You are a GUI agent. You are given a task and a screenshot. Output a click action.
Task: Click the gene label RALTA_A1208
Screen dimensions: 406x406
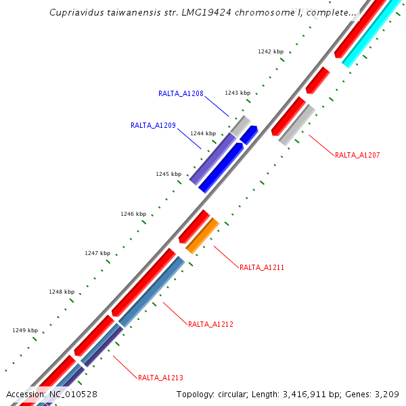(x=181, y=93)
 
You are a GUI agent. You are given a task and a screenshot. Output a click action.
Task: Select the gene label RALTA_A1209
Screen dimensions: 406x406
(x=153, y=125)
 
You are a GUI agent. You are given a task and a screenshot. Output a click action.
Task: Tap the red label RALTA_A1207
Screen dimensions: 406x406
(x=357, y=155)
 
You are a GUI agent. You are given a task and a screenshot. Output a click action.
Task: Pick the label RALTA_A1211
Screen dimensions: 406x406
(x=262, y=267)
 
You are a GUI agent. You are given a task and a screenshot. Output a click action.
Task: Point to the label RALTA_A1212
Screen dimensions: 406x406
(x=210, y=325)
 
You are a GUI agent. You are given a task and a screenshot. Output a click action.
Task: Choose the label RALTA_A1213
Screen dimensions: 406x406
(x=160, y=378)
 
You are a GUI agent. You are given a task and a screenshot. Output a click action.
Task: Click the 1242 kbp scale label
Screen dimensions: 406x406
(x=271, y=51)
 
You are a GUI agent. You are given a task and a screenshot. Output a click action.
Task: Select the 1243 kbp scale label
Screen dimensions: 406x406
(x=238, y=93)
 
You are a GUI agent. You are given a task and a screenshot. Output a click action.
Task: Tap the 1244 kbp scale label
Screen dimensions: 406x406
(x=203, y=133)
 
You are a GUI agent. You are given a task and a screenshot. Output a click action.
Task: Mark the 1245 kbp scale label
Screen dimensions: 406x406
(x=168, y=174)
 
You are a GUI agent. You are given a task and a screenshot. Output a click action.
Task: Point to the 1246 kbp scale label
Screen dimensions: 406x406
(x=133, y=214)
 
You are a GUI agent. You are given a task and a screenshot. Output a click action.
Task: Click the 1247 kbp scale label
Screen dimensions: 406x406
(x=97, y=253)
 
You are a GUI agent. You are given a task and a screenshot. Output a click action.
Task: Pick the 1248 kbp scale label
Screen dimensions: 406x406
(x=62, y=292)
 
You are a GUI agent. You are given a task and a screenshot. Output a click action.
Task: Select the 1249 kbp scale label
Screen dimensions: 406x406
(x=25, y=330)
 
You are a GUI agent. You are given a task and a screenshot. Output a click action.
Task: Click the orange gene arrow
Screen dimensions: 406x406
(x=202, y=235)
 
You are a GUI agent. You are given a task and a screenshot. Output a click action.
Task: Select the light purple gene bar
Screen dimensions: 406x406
(x=212, y=158)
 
